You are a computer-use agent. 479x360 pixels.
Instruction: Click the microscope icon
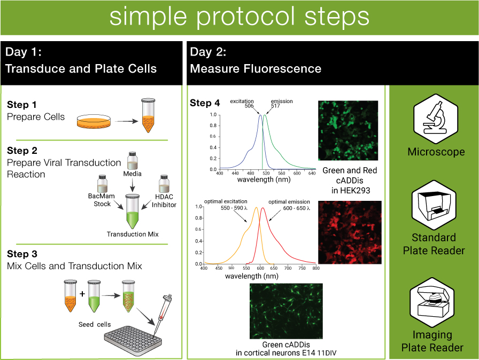click(435, 119)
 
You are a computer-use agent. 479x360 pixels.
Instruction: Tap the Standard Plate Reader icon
click(434, 205)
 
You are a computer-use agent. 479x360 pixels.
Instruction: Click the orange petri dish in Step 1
click(94, 121)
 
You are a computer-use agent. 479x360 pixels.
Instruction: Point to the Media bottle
click(132, 161)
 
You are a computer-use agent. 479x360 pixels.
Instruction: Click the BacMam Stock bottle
click(102, 184)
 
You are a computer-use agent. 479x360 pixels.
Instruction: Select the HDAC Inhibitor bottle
click(164, 184)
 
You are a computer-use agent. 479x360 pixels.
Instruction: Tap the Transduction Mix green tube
click(132, 212)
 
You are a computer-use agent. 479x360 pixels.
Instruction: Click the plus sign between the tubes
click(82, 294)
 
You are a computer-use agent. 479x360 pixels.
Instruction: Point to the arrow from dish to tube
click(127, 121)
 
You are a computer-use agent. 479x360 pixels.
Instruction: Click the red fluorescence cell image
click(350, 232)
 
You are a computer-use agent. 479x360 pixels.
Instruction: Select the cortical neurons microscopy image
click(286, 311)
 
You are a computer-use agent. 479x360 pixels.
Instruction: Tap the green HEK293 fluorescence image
click(348, 130)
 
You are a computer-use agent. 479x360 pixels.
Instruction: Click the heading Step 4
click(205, 103)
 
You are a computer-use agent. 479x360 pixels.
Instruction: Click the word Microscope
click(436, 152)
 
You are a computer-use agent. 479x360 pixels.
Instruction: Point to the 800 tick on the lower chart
click(316, 268)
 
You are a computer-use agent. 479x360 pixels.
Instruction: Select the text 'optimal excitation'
click(226, 201)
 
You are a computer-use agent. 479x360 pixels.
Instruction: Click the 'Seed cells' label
click(95, 324)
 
